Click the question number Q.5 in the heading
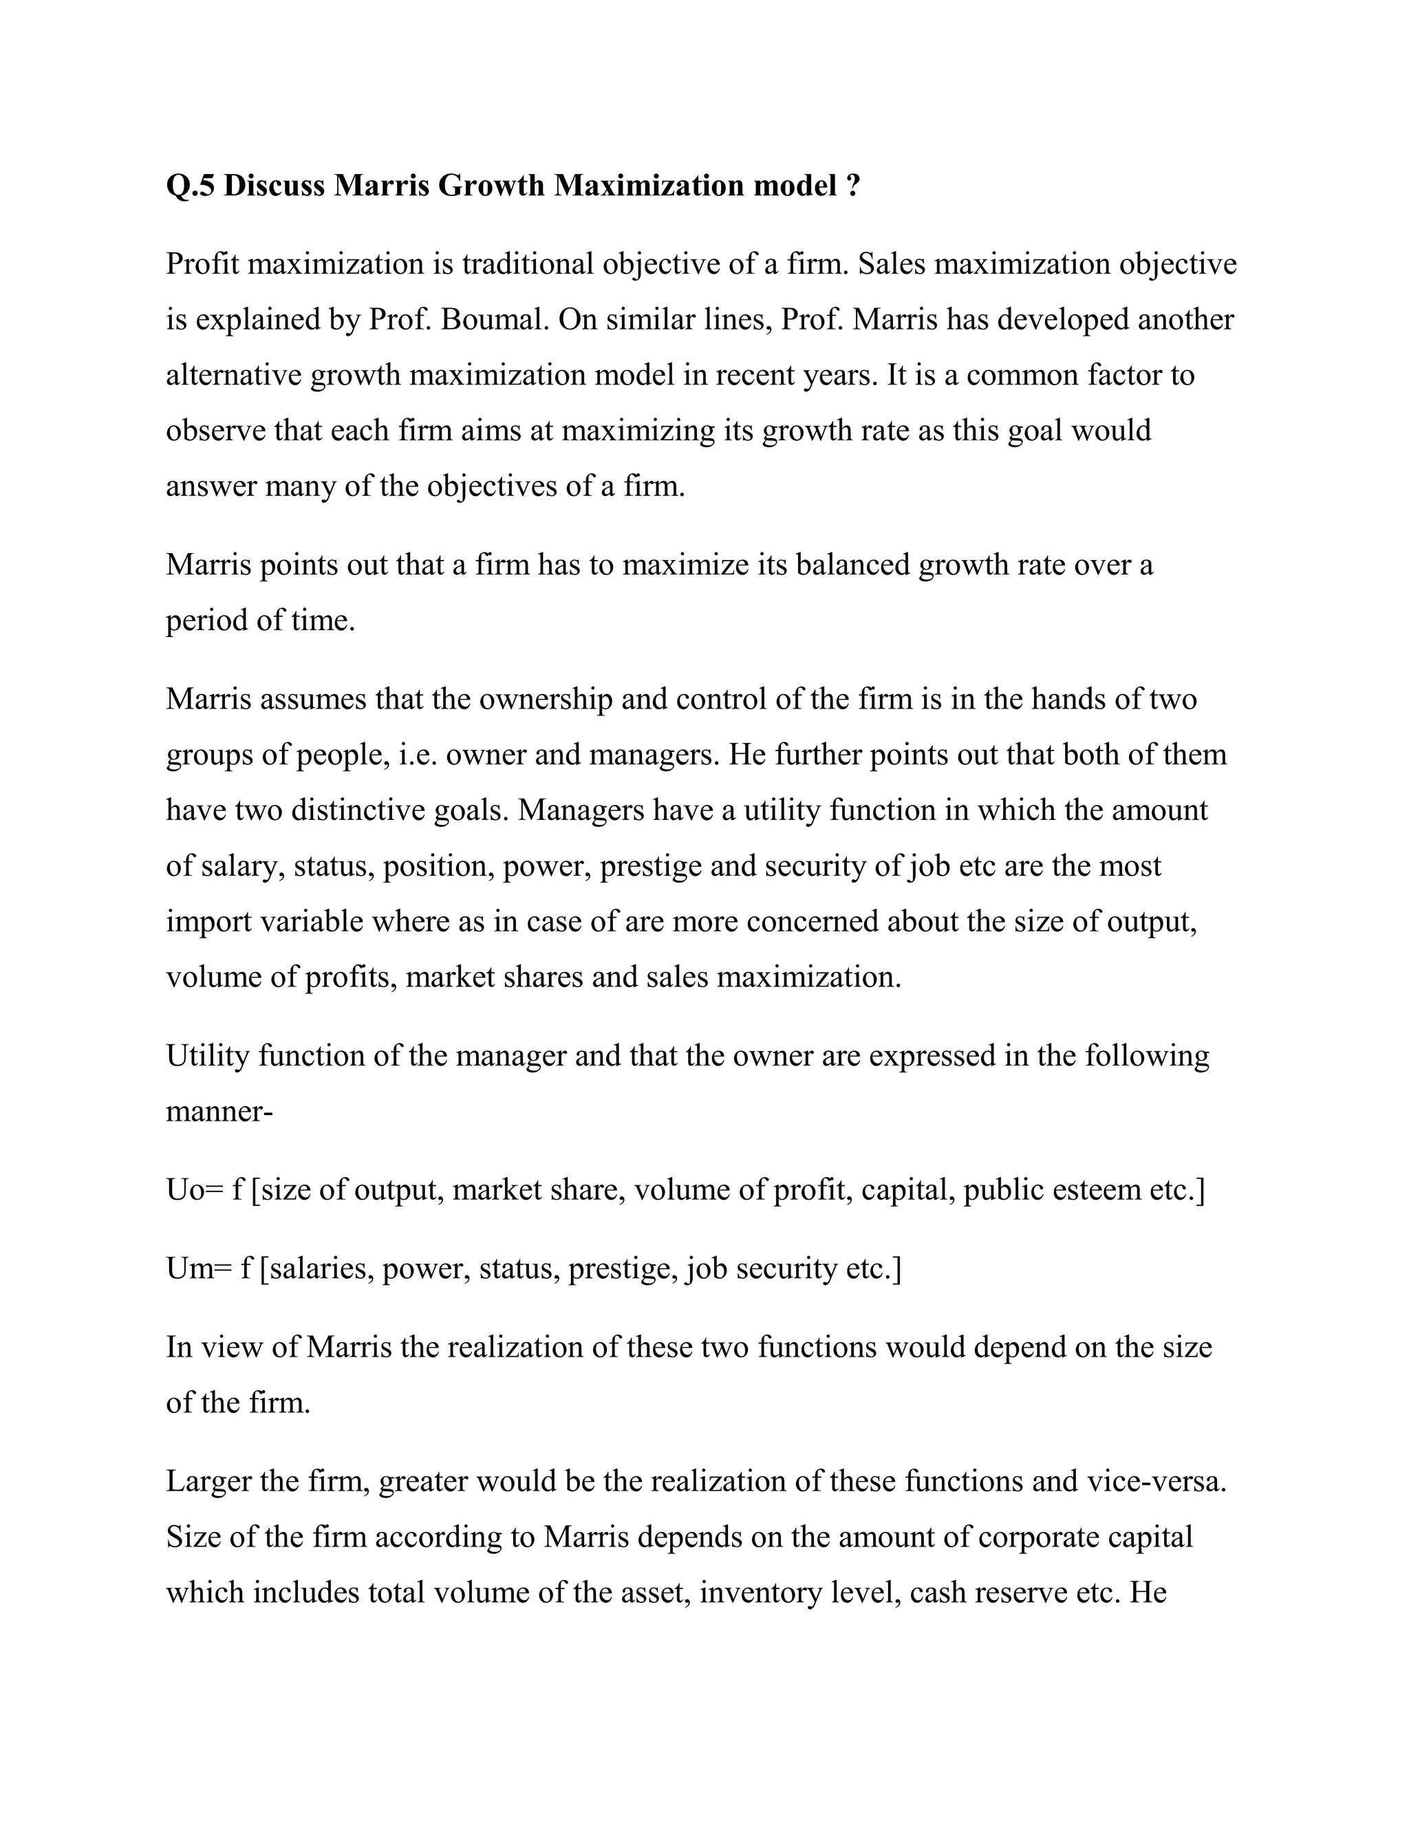coord(191,185)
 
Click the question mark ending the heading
coord(852,185)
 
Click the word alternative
coord(234,376)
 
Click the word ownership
coord(546,699)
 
